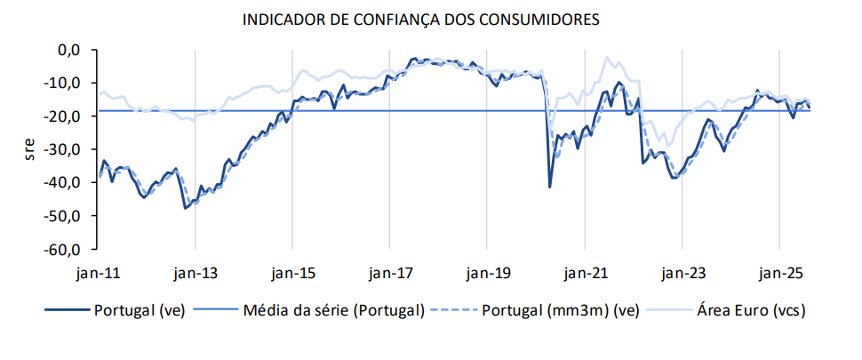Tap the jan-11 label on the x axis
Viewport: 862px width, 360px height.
98,274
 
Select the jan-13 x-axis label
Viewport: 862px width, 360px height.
196,274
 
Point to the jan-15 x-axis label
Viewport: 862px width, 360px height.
292,274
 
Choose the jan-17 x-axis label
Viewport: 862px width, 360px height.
390,274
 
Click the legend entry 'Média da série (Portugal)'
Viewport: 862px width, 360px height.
333,311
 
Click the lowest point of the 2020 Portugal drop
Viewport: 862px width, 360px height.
550,187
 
